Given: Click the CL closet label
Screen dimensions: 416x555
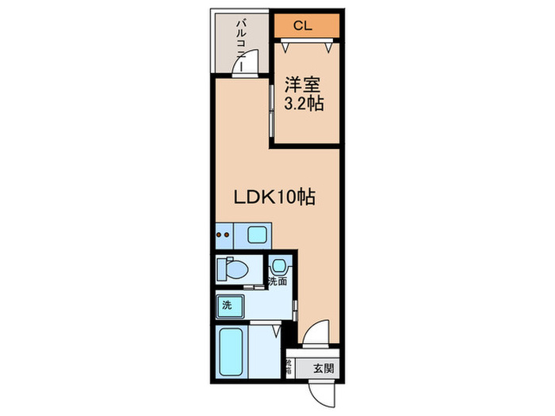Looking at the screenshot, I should point(302,26).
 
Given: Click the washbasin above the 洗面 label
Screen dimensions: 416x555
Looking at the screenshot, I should point(279,265).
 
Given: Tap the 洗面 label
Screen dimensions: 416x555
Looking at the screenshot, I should point(277,281).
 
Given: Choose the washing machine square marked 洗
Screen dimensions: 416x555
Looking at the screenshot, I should point(227,304).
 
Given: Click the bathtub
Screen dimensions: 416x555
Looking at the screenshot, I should point(232,353).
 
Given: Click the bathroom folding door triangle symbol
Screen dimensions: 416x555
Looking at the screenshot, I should point(275,330).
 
